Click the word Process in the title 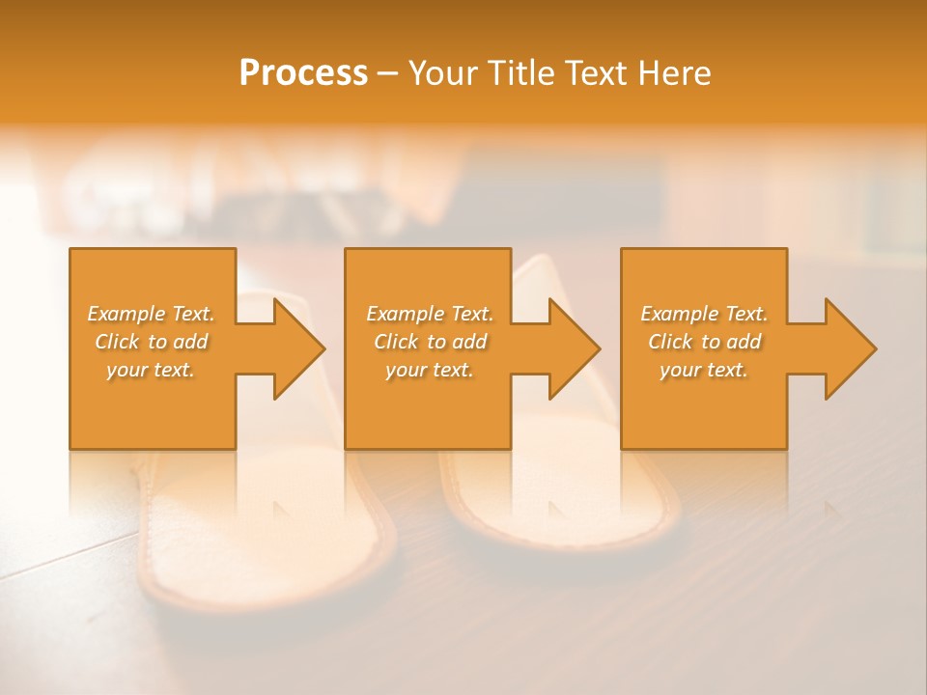pos(303,73)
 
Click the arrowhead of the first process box pos(295,348)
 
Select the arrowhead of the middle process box pos(570,348)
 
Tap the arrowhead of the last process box pos(846,348)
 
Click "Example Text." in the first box pos(151,314)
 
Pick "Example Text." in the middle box pos(430,314)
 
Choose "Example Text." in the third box pos(704,314)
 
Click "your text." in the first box pos(151,370)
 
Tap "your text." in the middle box pos(430,370)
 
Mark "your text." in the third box pos(704,370)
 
